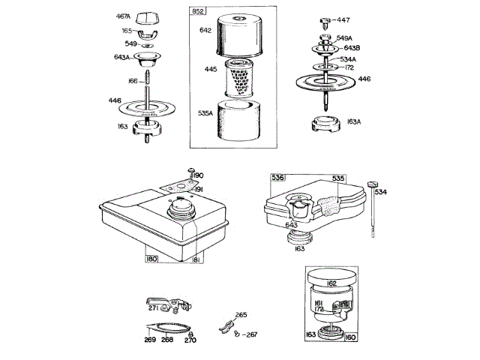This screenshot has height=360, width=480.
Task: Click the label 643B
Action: [362, 48]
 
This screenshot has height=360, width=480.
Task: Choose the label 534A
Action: [369, 59]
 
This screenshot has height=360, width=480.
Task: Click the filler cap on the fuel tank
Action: [181, 205]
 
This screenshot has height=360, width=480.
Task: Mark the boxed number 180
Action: [153, 259]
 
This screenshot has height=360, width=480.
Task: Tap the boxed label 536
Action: [277, 179]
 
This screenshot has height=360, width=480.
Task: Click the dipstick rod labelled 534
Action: [372, 214]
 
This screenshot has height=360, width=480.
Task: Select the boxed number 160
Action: [350, 337]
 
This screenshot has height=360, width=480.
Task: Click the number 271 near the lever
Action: [153, 308]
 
